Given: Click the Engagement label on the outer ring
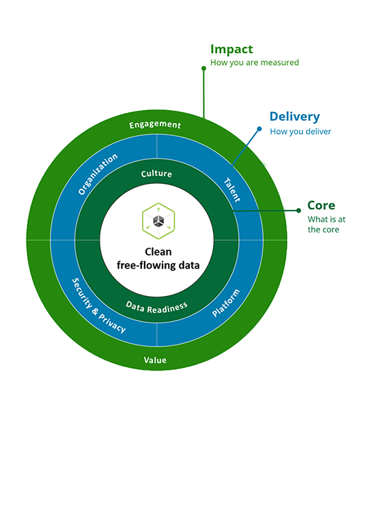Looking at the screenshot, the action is click(155, 124).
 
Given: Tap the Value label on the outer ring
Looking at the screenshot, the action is click(155, 360).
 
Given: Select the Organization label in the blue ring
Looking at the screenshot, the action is click(98, 174).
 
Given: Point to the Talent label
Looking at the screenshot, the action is click(232, 190).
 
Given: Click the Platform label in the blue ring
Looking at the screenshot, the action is click(226, 303).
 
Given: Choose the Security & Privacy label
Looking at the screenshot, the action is click(98, 306).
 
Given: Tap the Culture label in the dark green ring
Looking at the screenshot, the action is click(156, 174).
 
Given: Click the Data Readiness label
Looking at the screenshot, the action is click(156, 307).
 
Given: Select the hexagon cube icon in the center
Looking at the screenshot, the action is click(158, 221).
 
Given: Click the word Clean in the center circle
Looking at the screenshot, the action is click(158, 252).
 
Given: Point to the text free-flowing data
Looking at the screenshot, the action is click(158, 265).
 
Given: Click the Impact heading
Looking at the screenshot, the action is click(231, 49).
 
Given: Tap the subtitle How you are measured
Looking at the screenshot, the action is click(255, 62).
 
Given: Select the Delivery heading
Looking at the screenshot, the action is click(295, 117).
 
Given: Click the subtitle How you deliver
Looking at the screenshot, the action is click(300, 132).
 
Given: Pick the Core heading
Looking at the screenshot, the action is click(321, 205).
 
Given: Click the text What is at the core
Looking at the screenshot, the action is click(326, 224).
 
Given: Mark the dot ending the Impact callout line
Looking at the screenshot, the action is click(203, 68).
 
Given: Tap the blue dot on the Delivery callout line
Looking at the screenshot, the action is click(259, 129).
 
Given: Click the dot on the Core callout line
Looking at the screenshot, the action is click(298, 211).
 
